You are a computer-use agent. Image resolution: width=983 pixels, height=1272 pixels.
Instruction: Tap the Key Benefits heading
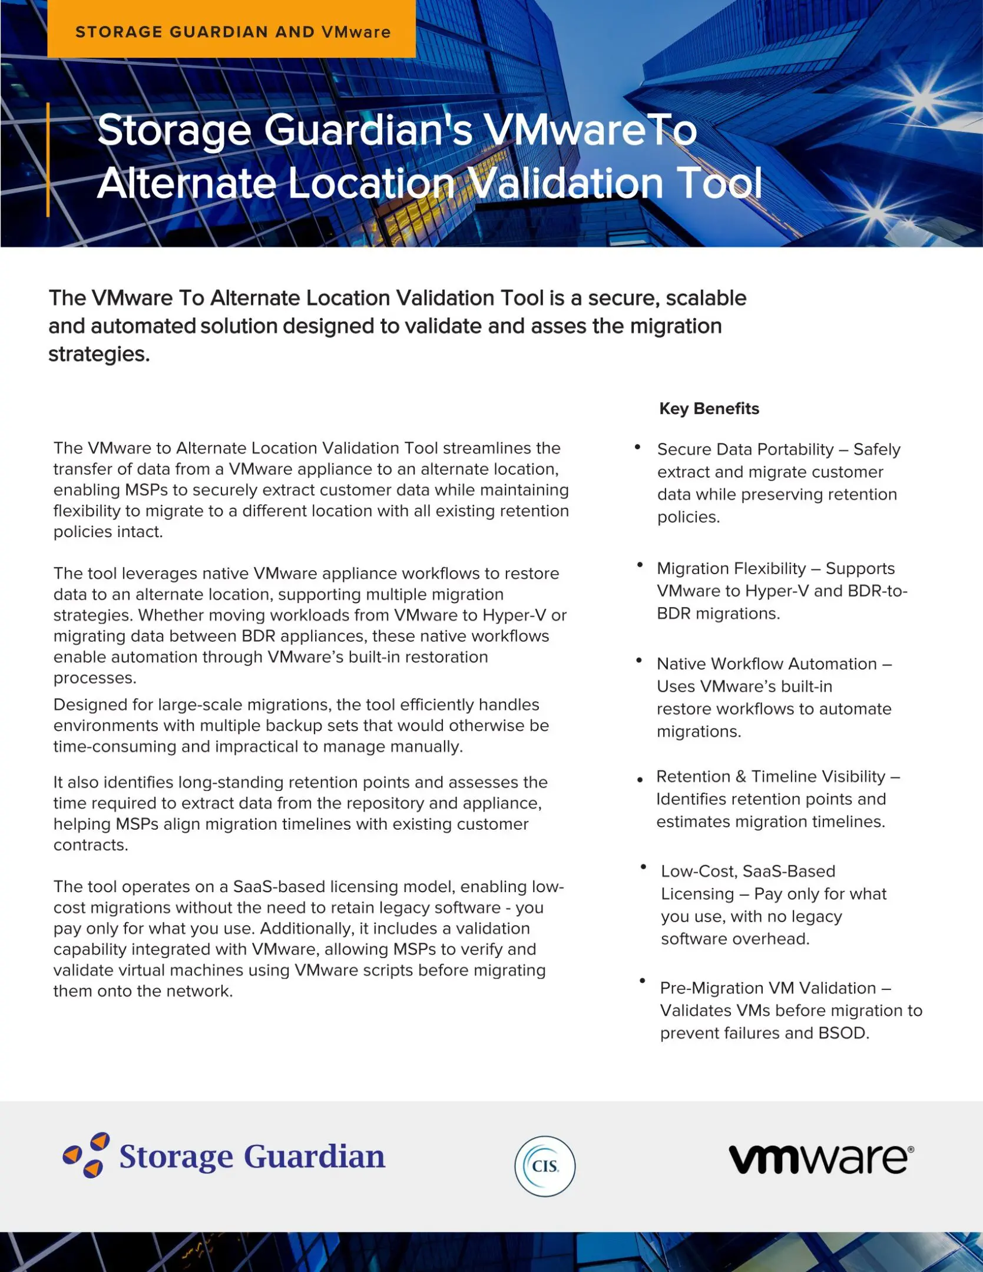709,409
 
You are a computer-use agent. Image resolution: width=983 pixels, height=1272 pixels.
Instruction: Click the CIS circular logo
545,1166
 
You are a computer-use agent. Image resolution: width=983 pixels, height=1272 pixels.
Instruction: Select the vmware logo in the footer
821,1159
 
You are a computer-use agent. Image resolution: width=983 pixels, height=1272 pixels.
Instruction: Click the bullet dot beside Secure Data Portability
637,448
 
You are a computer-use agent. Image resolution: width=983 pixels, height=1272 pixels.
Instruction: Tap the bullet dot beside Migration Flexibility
640,565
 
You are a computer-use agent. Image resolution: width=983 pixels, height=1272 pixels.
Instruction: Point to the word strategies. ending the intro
99,354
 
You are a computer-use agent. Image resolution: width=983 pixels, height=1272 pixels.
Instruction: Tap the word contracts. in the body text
91,844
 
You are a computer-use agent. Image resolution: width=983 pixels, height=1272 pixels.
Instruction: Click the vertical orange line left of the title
48,159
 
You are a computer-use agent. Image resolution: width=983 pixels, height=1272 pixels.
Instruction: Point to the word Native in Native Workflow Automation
681,664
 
